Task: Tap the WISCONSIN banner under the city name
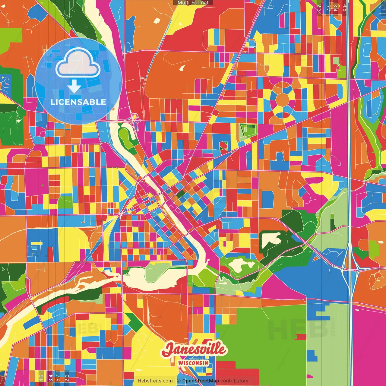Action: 193,363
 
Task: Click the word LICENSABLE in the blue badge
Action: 78,102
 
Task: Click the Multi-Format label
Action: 193,3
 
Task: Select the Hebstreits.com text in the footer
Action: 155,381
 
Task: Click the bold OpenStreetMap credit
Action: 200,381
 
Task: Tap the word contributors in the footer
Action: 234,381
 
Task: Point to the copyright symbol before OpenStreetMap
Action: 179,381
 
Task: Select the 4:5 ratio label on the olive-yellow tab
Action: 41,378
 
